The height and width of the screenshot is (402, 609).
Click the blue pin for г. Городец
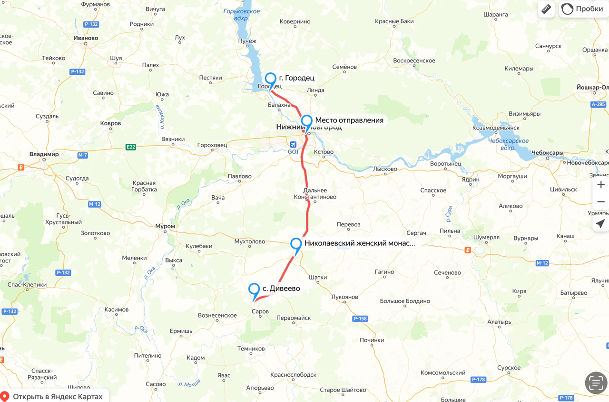270,80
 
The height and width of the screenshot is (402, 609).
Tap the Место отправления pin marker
306,121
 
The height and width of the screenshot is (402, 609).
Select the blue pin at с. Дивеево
254,290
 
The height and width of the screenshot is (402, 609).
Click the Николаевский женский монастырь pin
296,244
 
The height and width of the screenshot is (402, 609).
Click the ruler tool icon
546,9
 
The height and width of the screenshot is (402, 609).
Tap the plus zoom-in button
601,185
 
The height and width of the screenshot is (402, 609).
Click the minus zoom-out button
601,202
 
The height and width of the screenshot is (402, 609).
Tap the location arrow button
600,223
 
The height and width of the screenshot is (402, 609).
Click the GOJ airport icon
294,144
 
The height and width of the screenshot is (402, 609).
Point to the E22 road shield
131,147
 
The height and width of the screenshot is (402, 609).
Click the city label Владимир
44,154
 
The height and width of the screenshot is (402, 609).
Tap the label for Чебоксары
548,153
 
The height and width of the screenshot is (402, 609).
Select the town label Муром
165,226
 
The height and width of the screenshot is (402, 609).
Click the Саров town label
260,312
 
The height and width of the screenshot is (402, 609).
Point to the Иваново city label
86,38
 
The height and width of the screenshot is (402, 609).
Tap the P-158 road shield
360,319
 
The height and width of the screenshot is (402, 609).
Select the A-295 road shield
598,104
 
